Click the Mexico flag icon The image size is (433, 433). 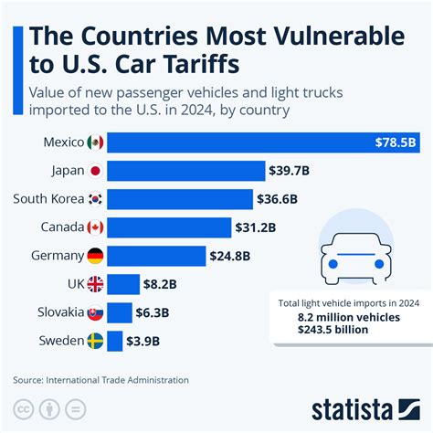[95, 143]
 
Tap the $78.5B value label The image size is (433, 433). [396, 143]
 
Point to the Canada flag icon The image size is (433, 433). [95, 227]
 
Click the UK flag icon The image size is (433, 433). [95, 284]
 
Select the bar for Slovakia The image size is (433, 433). [120, 312]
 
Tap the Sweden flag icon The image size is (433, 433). [95, 341]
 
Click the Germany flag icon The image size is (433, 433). [95, 256]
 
